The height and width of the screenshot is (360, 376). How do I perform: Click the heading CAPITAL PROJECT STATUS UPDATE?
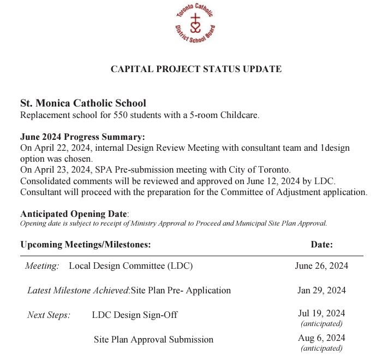pos(196,69)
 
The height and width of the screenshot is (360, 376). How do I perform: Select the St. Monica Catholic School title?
pos(83,103)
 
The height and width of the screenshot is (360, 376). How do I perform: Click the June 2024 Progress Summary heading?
pos(82,137)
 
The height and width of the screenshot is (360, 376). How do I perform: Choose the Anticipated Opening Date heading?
pos(73,214)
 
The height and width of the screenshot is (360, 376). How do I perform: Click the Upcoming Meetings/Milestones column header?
pos(85,245)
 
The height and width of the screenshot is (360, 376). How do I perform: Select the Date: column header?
pos(321,245)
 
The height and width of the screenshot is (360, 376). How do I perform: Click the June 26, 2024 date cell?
pos(321,266)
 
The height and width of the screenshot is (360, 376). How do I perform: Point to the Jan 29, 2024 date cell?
pos(321,290)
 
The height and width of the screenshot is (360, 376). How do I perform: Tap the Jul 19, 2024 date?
pos(321,314)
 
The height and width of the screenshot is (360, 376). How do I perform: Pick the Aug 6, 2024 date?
pos(321,338)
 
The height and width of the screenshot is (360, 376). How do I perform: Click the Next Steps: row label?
pos(49,315)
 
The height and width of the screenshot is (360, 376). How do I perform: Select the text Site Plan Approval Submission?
pos(153,340)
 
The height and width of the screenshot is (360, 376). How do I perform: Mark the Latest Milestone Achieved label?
pos(78,291)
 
